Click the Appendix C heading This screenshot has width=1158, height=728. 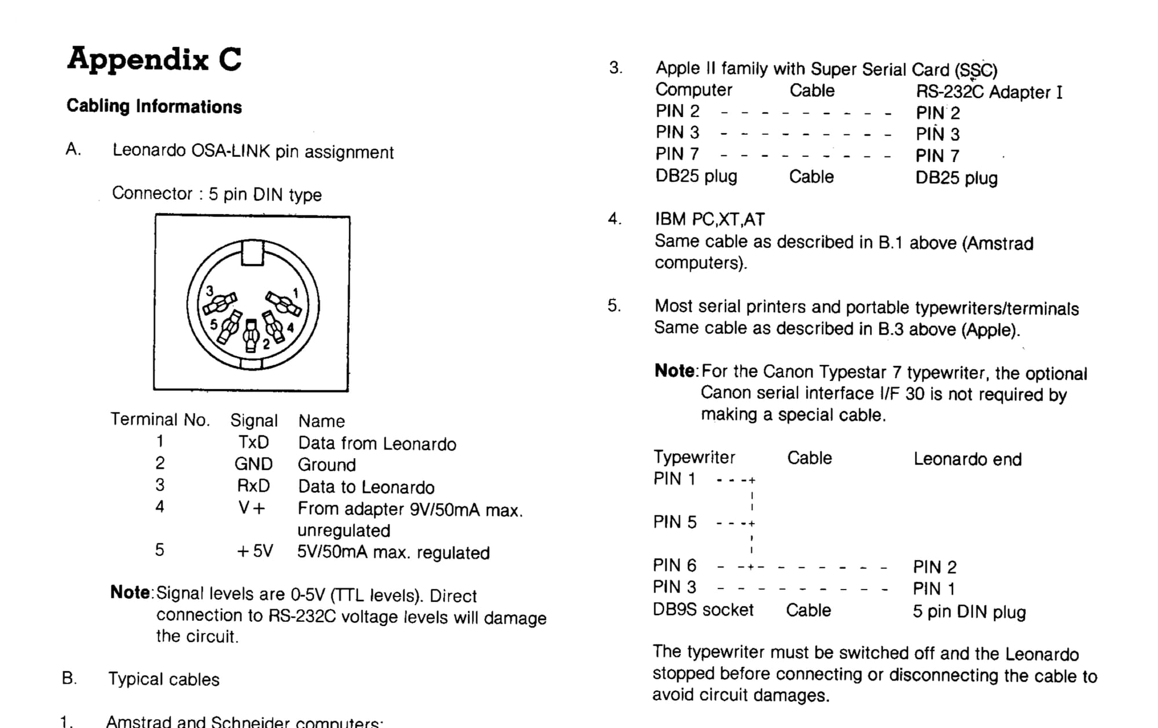154,59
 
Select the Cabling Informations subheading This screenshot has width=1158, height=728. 154,107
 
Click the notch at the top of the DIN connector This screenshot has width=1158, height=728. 252,253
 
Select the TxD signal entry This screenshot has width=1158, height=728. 254,442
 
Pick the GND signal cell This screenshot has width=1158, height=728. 254,464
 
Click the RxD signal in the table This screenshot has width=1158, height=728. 254,486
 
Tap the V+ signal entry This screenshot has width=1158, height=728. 252,508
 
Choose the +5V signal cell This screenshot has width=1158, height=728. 255,551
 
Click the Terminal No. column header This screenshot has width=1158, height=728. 160,419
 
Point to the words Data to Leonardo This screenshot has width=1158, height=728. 366,487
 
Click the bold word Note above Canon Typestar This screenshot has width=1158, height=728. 675,371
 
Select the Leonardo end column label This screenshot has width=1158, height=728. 968,459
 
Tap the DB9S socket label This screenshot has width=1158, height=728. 703,610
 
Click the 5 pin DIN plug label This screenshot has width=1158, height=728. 969,612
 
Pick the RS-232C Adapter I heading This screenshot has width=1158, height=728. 989,92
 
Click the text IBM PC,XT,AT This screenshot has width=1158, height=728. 710,220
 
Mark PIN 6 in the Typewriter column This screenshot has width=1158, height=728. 675,565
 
